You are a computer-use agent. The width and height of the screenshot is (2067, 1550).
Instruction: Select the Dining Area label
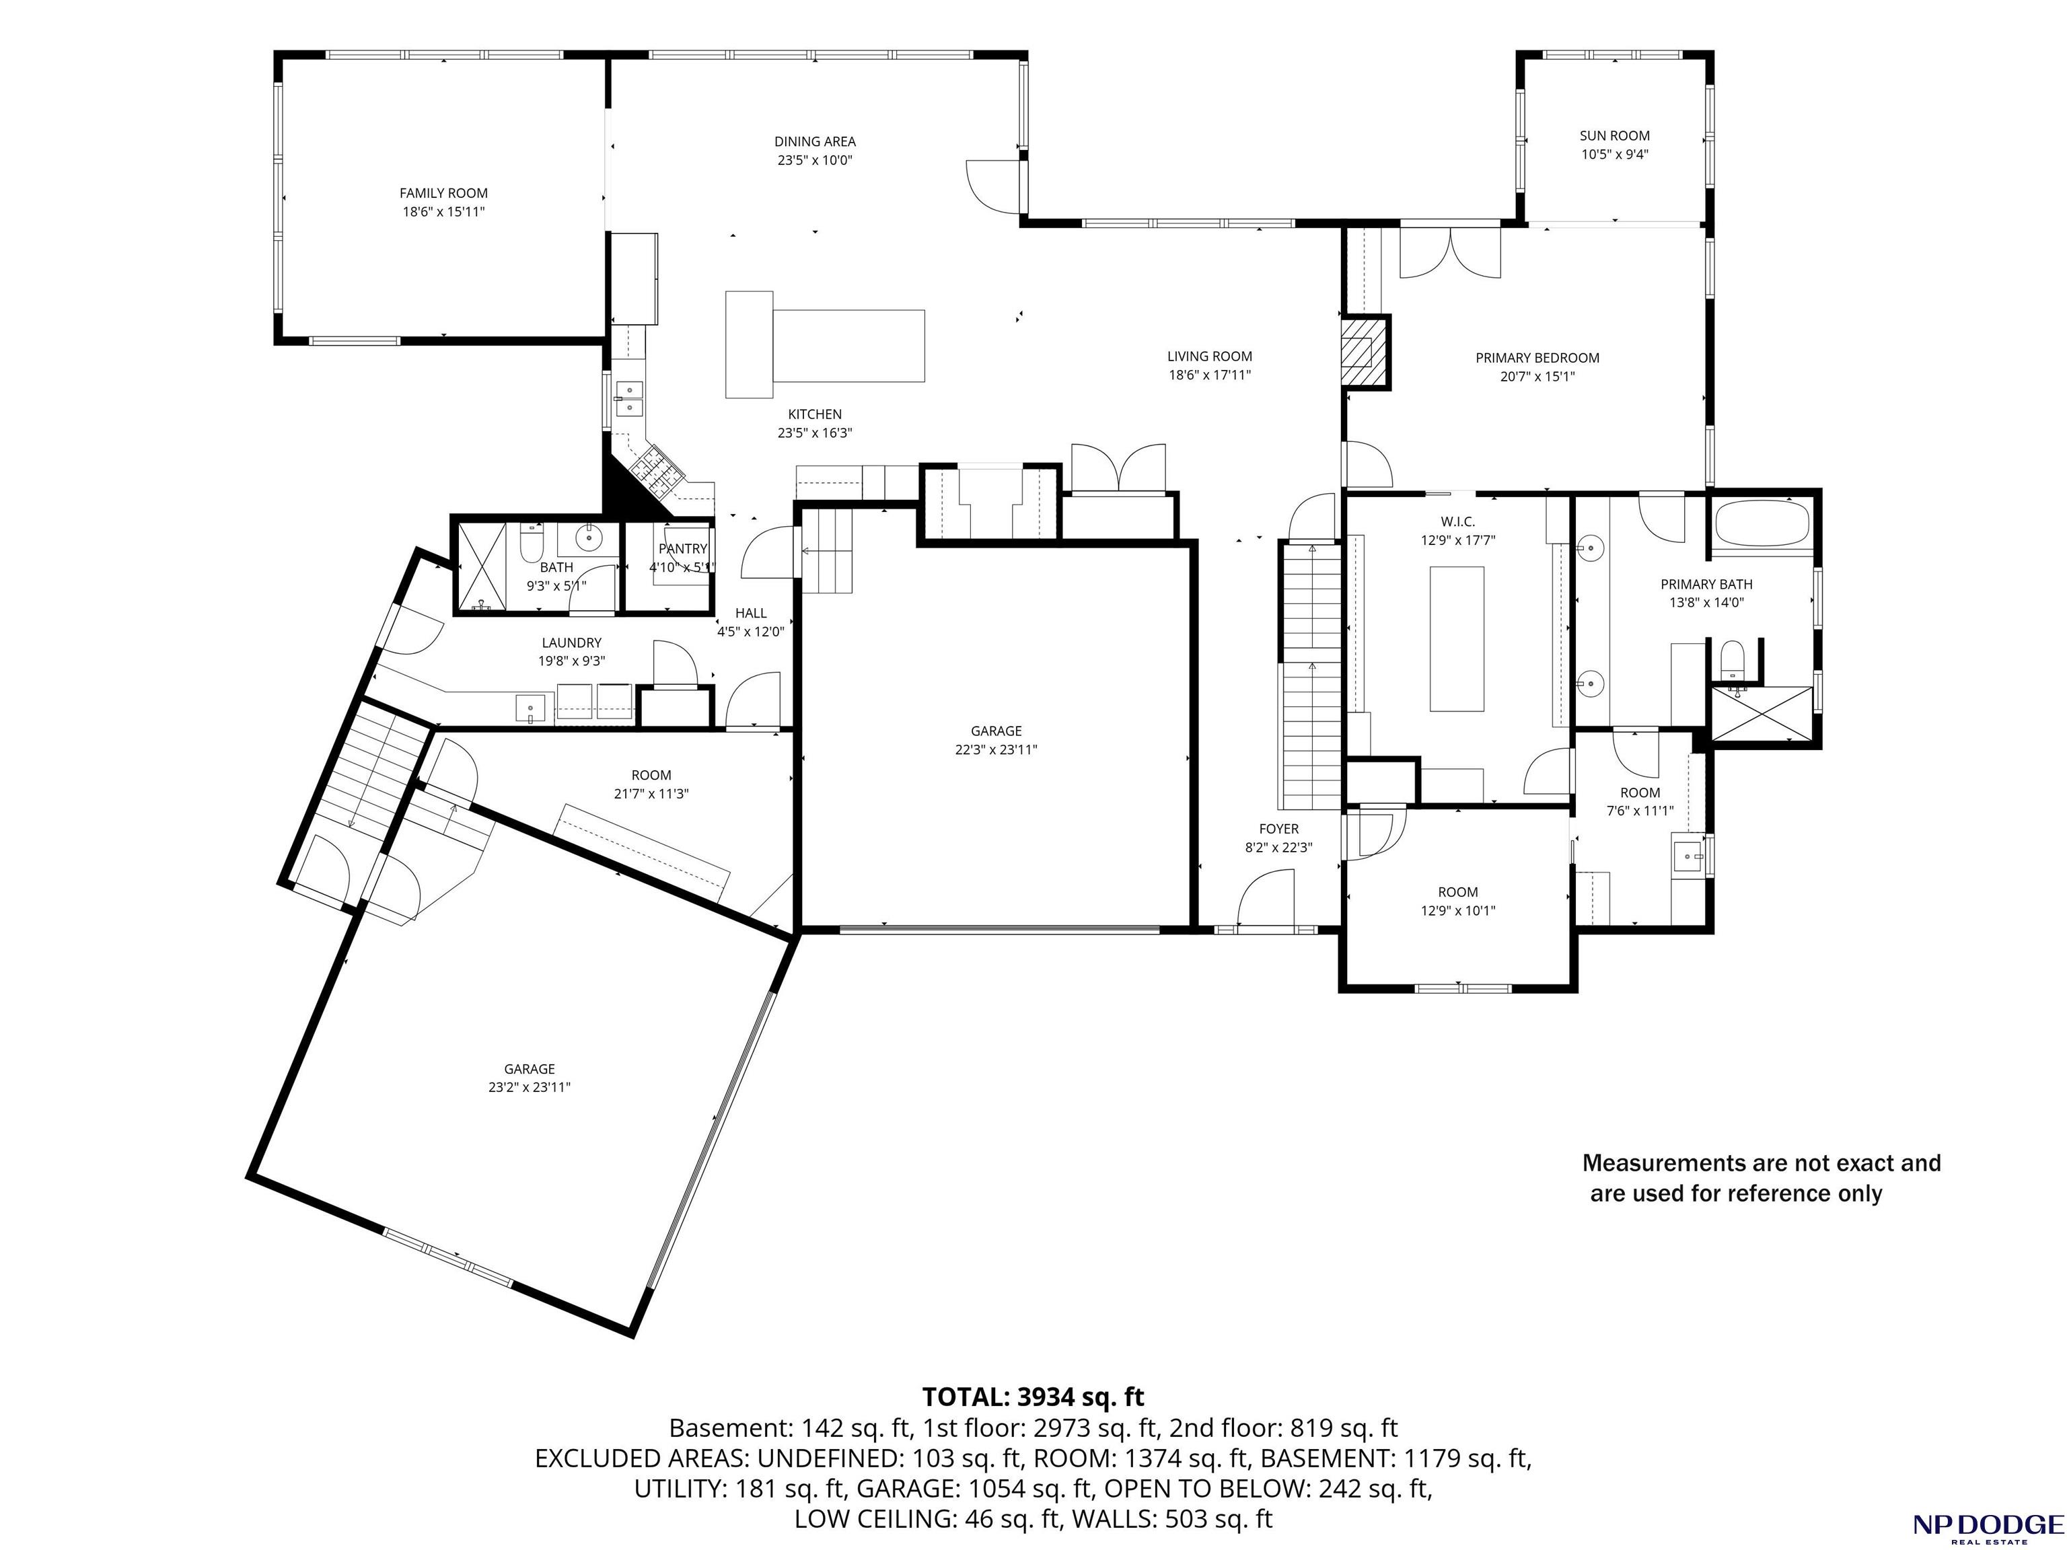tap(815, 142)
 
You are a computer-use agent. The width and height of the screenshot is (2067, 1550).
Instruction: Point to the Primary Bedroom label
tap(1537, 358)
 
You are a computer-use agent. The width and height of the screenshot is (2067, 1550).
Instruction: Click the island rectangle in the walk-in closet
tap(1457, 639)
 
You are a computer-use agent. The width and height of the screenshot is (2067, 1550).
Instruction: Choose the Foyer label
tap(1278, 829)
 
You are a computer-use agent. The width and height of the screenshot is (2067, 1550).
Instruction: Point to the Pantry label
tap(683, 548)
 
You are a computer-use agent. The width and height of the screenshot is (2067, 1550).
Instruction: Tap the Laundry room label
tap(572, 642)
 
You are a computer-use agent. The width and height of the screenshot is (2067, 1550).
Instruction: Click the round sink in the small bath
tap(589, 536)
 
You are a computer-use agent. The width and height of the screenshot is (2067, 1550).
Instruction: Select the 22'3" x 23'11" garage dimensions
tap(996, 749)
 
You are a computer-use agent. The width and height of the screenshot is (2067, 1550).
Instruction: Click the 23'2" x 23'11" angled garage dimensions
tap(529, 1088)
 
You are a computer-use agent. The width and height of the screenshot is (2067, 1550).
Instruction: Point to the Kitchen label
tap(815, 414)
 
